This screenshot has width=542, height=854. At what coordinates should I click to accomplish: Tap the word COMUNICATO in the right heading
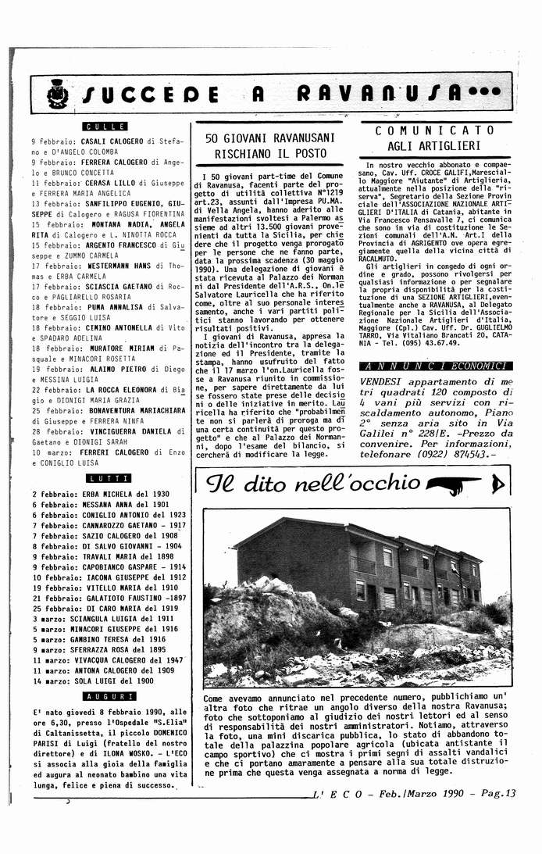(434, 131)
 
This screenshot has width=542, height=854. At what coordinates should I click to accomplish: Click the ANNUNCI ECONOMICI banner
(435, 366)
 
